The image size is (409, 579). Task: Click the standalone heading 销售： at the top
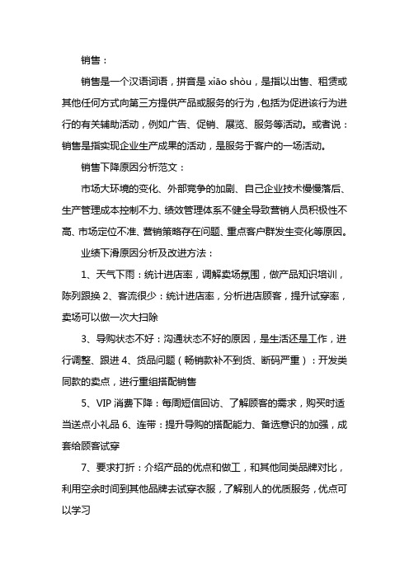click(91, 59)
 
